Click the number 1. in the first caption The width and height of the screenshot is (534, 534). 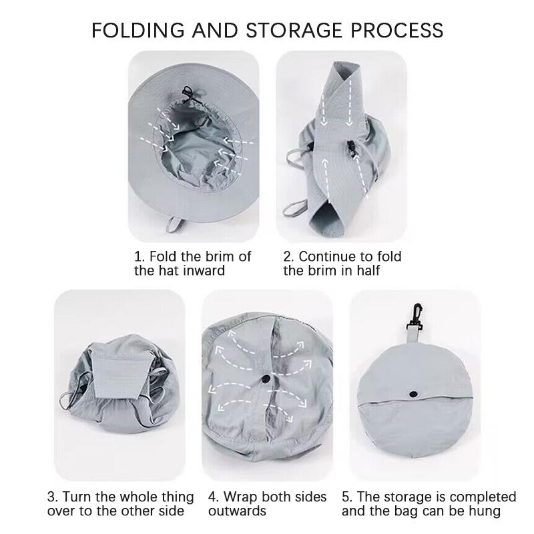click(140, 256)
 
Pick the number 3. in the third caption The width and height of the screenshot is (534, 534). click(53, 497)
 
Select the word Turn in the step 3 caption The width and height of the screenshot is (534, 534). click(77, 497)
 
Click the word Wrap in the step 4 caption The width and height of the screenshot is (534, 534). click(241, 497)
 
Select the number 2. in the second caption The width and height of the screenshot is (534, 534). click(288, 256)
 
